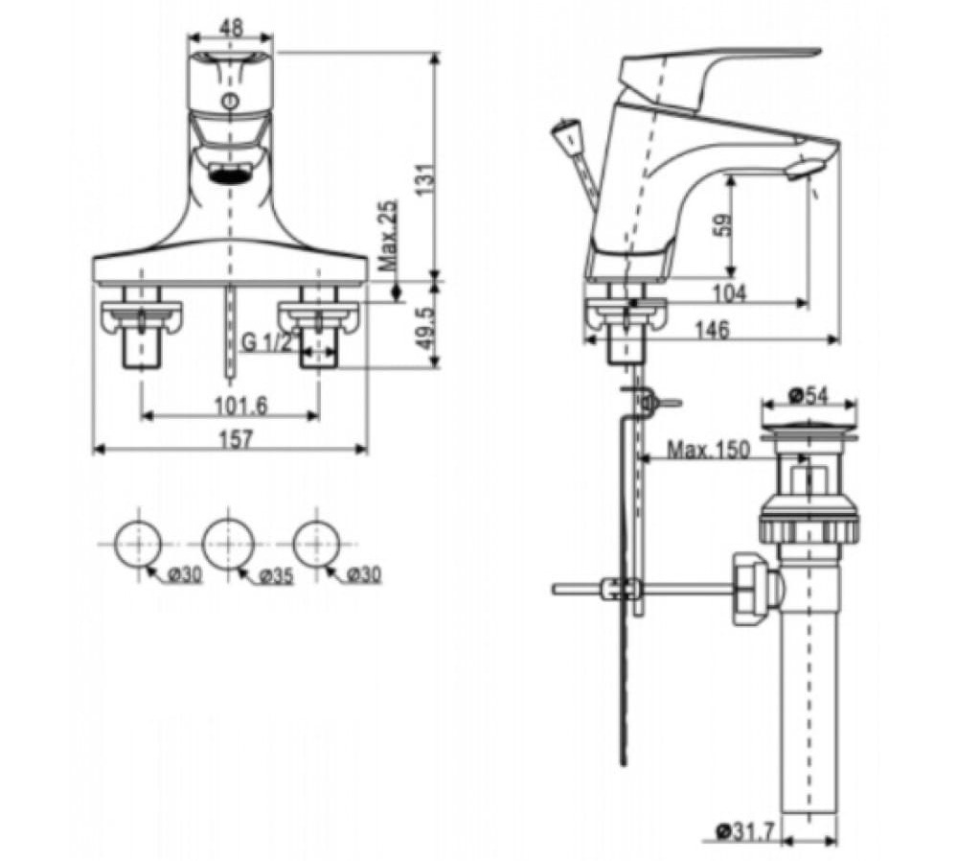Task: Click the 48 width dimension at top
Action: click(229, 29)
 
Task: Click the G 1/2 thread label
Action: click(267, 342)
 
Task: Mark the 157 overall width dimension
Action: click(230, 439)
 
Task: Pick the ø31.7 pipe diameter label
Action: click(745, 834)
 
